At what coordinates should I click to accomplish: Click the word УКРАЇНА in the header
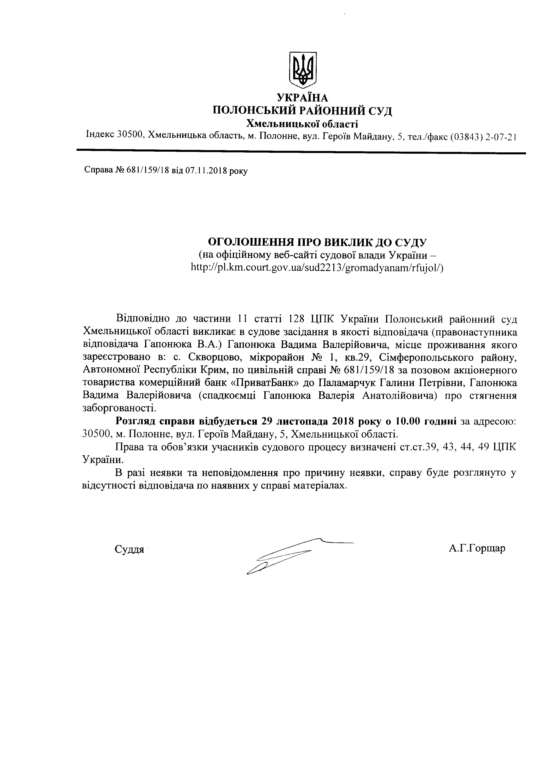click(x=302, y=98)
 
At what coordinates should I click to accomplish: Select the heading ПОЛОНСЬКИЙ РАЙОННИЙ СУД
click(x=302, y=110)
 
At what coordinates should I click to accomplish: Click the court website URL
click(x=317, y=268)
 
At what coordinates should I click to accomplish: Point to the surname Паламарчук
click(x=347, y=383)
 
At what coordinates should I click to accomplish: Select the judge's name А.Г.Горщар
click(x=477, y=548)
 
